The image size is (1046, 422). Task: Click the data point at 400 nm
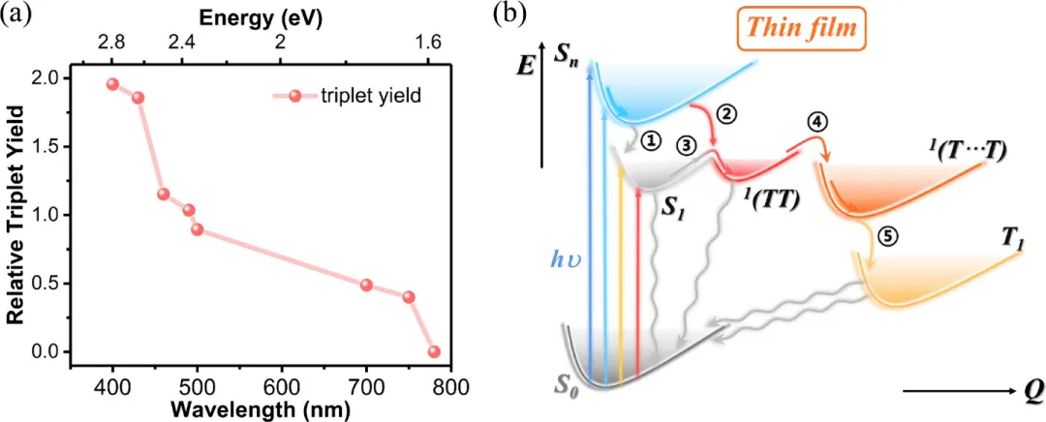pyautogui.click(x=112, y=84)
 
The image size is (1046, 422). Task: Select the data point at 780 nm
pyautogui.click(x=434, y=351)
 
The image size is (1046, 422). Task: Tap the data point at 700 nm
pyautogui.click(x=366, y=285)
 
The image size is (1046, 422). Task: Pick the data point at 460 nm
pyautogui.click(x=163, y=194)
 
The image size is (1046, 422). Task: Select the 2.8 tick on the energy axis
pyautogui.click(x=112, y=42)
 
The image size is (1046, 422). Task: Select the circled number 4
pyautogui.click(x=816, y=123)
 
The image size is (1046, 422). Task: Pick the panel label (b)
pyautogui.click(x=509, y=14)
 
